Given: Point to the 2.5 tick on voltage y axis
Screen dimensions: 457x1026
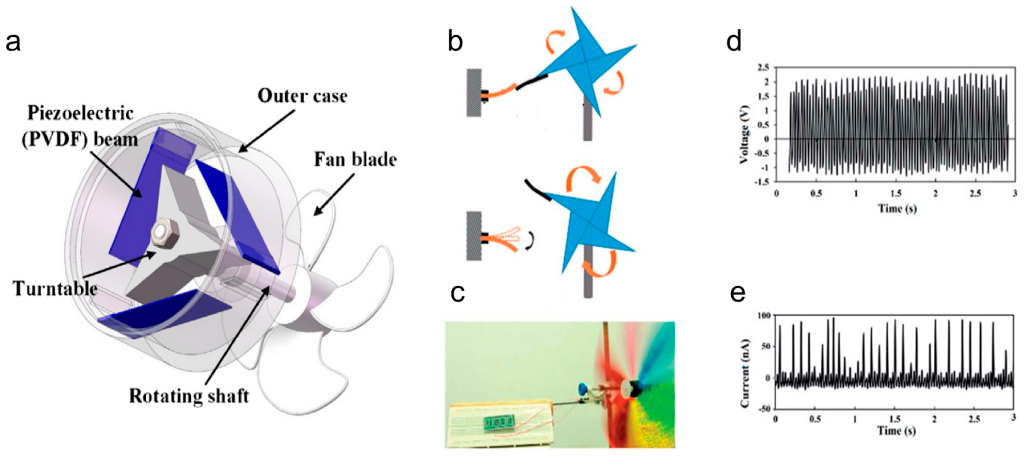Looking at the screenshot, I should pos(763,68).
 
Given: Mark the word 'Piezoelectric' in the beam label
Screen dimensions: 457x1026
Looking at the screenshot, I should pos(80,114).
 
